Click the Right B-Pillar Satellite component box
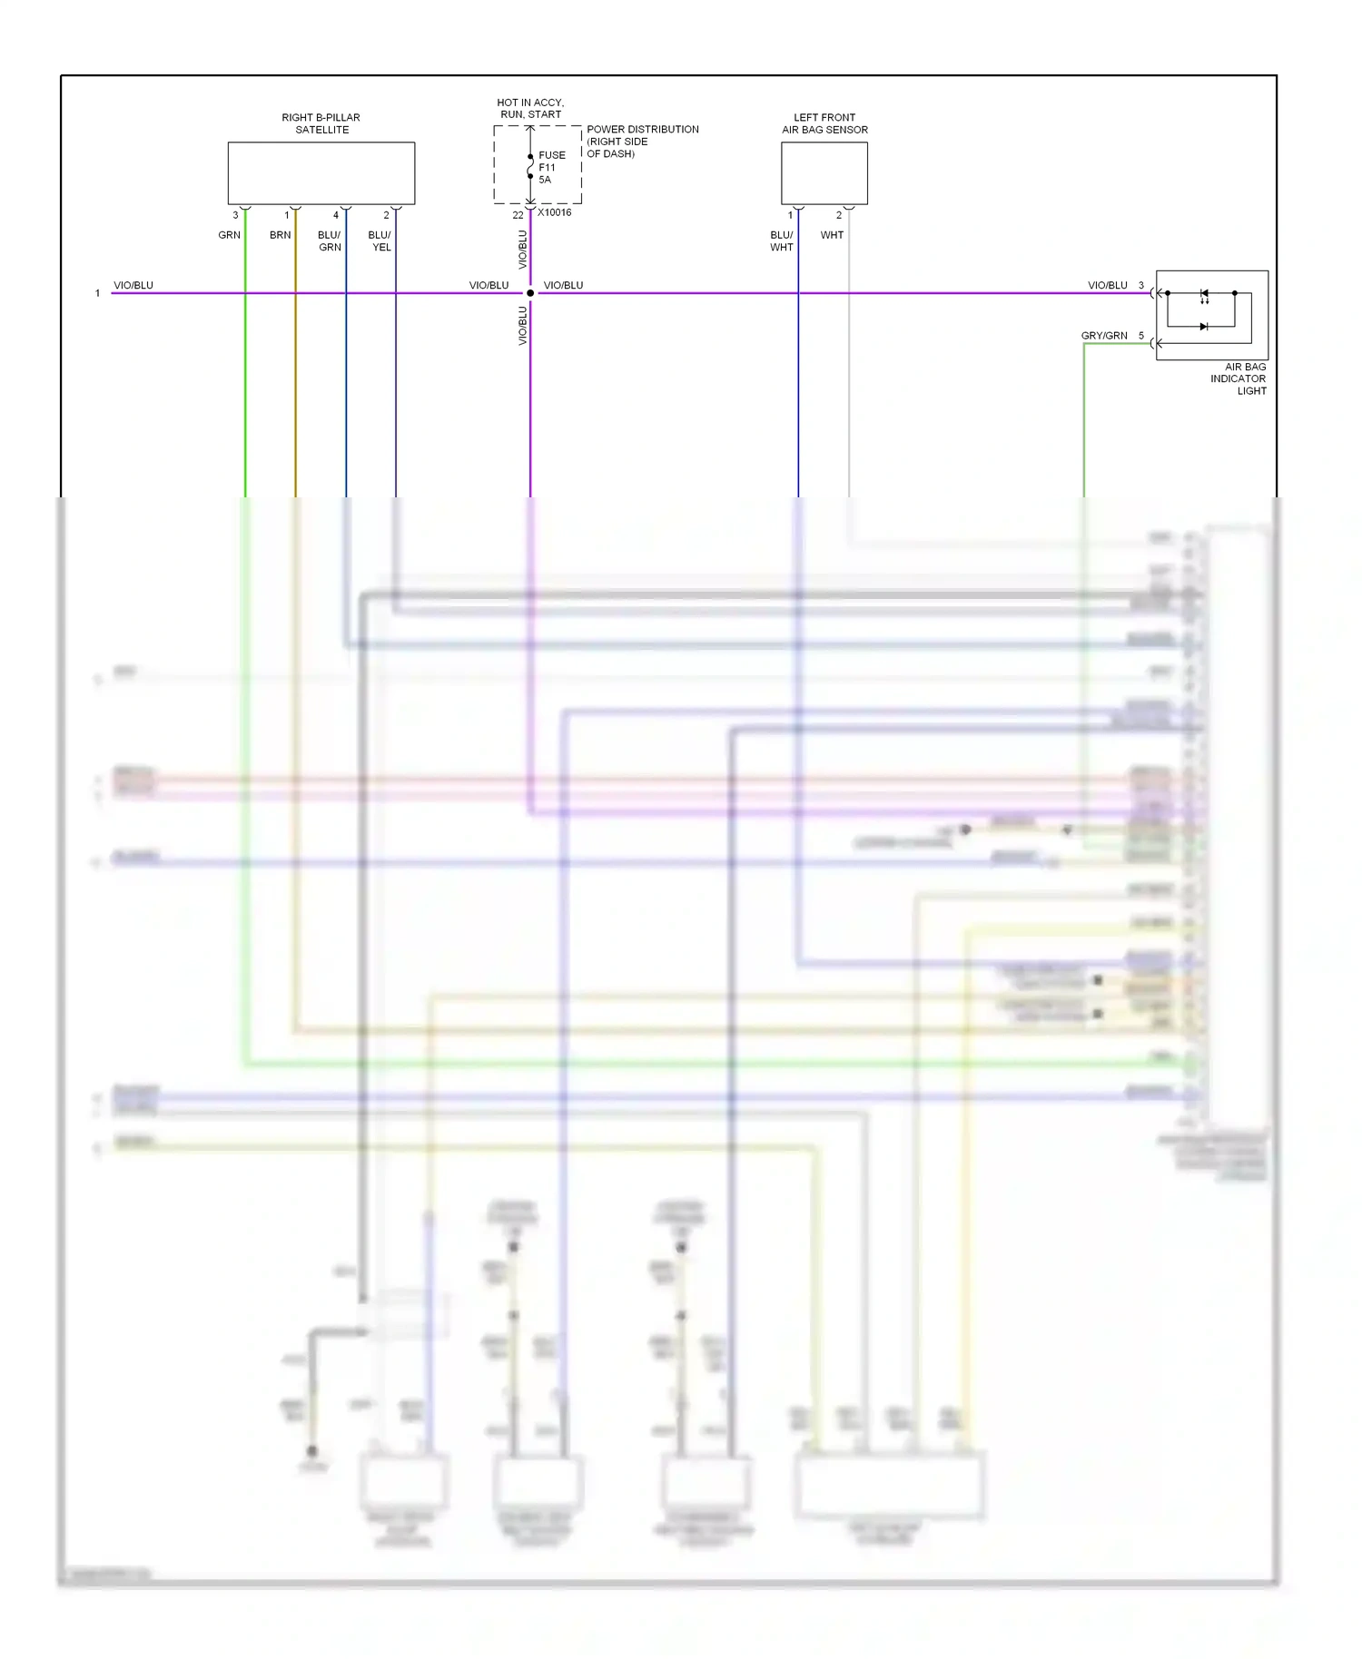pos(321,172)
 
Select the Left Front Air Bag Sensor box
pos(824,172)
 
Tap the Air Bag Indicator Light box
pos(1211,314)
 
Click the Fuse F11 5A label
pos(551,167)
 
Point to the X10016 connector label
pos(555,212)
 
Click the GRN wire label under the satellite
pos(229,235)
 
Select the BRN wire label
pos(280,235)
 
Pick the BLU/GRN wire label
pos(330,241)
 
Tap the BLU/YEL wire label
pos(380,241)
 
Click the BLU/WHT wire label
pos(782,241)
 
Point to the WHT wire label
pos(832,235)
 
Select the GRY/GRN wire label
pos(1104,336)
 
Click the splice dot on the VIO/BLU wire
pos(530,293)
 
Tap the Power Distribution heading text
pos(642,130)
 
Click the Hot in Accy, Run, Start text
pos(530,108)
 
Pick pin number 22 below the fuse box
pos(518,215)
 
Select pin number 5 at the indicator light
pos(1141,336)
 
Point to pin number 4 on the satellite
pos(336,215)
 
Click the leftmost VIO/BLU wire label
pos(133,286)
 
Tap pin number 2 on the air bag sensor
pos(839,215)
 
